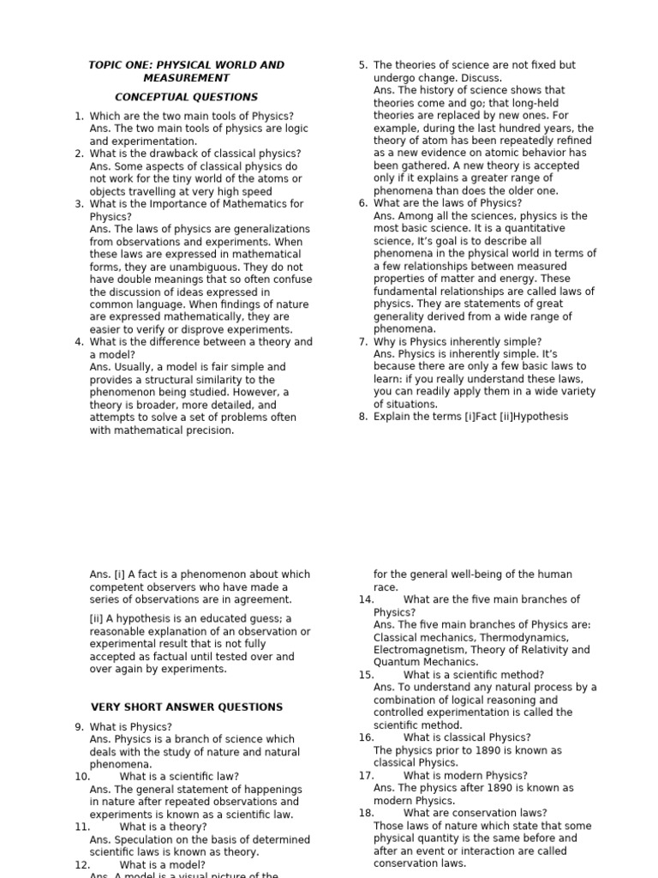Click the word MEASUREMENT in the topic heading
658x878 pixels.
click(186, 78)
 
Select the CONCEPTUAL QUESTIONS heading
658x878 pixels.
click(186, 97)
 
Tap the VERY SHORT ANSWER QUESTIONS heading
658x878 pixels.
click(186, 707)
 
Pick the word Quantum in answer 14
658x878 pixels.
click(395, 662)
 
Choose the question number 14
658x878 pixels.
click(367, 600)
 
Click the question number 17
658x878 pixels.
click(367, 776)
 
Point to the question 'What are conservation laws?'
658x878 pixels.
click(475, 813)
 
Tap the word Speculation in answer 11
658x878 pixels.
click(144, 840)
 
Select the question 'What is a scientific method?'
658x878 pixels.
click(473, 675)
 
